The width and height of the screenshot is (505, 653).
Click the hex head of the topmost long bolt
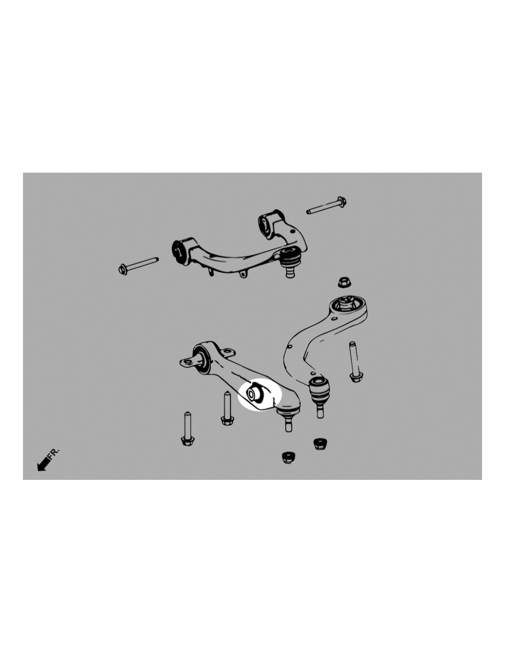[342, 201]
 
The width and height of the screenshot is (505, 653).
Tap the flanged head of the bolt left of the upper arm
[123, 269]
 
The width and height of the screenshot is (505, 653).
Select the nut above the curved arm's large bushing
[342, 282]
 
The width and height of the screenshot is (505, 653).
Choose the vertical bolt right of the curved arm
[355, 362]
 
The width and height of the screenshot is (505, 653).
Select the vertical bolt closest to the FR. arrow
[188, 429]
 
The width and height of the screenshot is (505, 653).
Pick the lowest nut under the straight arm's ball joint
[288, 457]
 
